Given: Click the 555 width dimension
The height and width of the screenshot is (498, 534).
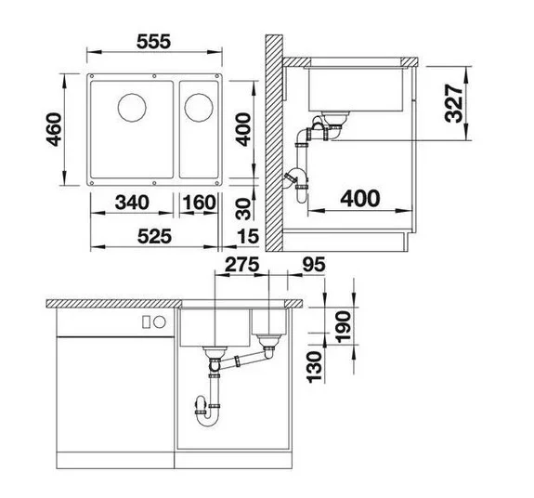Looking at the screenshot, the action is pos(153,42).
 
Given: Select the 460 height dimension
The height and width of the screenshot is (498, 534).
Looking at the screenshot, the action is pos(54,129).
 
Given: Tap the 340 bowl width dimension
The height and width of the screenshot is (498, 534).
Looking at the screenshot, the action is pos(132,203).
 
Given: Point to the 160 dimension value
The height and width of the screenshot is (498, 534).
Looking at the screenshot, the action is pos(200,203).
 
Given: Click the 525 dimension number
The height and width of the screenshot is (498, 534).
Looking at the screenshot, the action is pos(154,236).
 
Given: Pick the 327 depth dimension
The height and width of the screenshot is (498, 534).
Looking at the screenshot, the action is pos(454,103).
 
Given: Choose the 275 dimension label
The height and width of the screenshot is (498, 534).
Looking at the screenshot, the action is pos(242,264).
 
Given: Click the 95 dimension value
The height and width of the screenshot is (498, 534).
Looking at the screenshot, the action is pos(314,264).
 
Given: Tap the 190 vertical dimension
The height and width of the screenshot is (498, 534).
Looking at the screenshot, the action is pos(343,326).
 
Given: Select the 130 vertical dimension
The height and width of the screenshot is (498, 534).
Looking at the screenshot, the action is pos(315,367).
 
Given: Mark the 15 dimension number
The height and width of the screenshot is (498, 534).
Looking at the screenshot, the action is pos(248,236).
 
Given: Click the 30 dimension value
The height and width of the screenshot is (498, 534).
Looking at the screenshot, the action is pos(243,209).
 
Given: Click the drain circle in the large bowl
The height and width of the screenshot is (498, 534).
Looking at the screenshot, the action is pos(132,107).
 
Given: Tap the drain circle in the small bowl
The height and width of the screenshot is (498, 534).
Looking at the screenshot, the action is pos(199,107).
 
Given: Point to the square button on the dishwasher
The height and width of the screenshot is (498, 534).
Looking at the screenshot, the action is pos(147,321).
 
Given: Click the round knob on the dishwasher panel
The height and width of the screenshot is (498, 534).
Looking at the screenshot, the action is pos(160,321).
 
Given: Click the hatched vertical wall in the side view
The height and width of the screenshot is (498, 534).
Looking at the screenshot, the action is pos(274,143).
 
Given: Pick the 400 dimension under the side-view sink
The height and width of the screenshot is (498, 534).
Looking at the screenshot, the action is pos(360,199).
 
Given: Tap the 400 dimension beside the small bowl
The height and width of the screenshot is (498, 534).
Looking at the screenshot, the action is pos(243,129).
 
